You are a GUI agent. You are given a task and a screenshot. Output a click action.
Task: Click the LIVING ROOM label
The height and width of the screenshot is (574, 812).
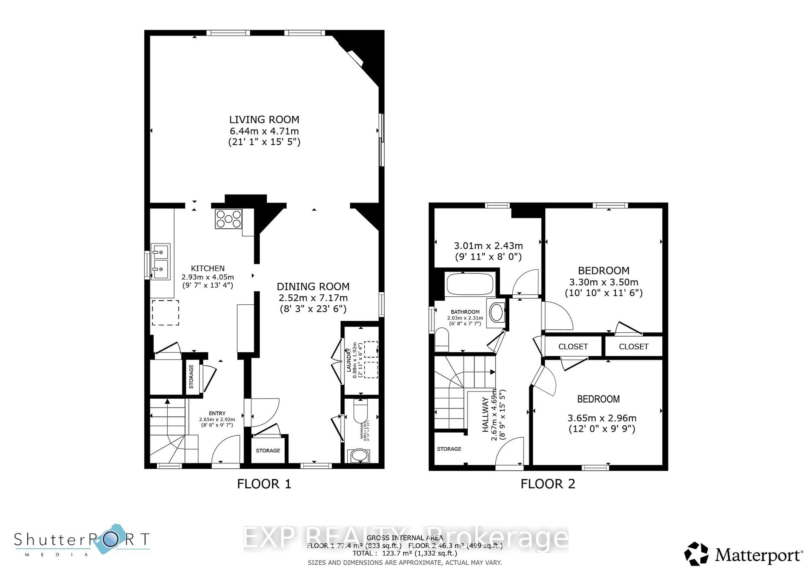tap(264, 119)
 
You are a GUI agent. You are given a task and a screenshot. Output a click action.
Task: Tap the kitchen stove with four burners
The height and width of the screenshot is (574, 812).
tap(228, 219)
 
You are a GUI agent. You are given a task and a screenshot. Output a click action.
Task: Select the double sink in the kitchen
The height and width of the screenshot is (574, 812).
tap(160, 262)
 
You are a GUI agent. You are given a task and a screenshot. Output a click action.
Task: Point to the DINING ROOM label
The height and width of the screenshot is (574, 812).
tap(313, 286)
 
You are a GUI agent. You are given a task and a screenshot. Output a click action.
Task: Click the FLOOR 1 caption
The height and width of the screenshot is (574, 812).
tap(264, 484)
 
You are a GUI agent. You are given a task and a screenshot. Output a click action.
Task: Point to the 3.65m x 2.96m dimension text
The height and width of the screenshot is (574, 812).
tap(602, 418)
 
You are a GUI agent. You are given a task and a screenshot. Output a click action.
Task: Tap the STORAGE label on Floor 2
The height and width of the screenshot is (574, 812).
tap(449, 449)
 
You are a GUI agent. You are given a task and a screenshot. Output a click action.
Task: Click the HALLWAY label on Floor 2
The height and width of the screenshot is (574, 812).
tap(485, 414)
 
